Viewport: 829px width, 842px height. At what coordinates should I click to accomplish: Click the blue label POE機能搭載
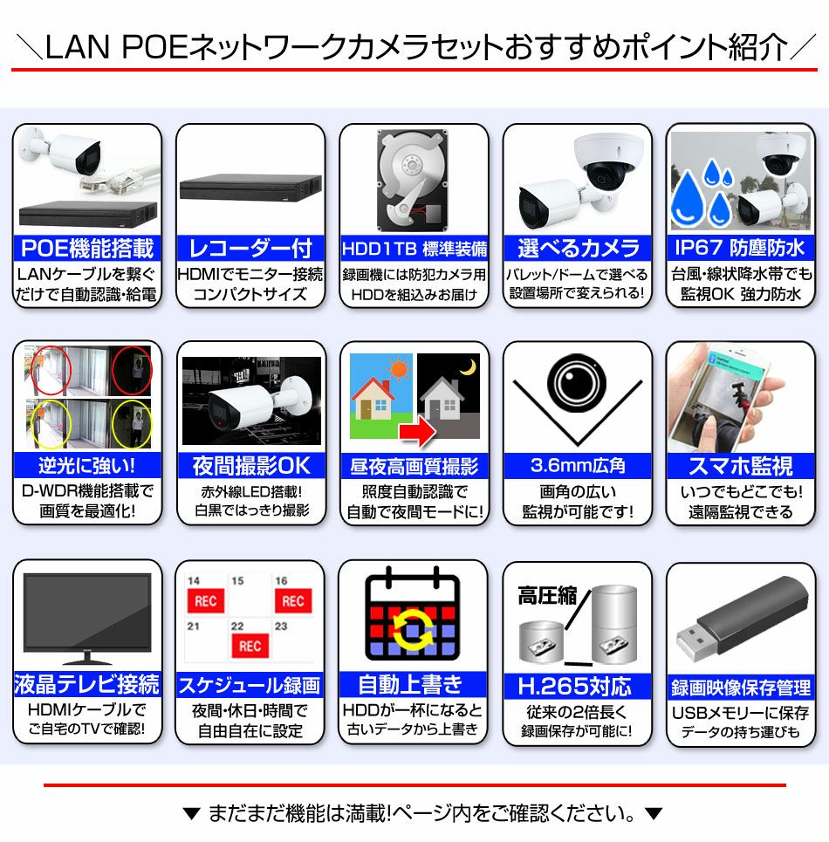click(x=87, y=249)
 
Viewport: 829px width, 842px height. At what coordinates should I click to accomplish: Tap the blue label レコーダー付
click(x=250, y=249)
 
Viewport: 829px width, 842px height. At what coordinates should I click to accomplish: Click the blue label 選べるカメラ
click(x=578, y=249)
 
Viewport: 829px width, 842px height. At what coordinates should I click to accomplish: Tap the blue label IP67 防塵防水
click(x=740, y=249)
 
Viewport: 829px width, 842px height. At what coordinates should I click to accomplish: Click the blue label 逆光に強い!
click(x=87, y=466)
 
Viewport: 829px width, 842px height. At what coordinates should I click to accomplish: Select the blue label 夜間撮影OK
click(x=250, y=466)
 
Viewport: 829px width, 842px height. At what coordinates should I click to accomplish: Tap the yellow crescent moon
click(x=469, y=366)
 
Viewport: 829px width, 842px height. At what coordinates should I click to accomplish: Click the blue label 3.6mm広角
click(x=578, y=466)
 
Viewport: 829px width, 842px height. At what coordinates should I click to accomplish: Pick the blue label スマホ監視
click(x=740, y=466)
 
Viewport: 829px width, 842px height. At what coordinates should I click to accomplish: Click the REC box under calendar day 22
click(x=250, y=646)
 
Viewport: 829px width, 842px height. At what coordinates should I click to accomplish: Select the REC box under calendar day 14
click(x=206, y=601)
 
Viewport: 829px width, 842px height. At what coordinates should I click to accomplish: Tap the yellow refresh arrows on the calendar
click(x=413, y=631)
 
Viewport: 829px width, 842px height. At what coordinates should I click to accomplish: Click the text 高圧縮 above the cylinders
click(x=547, y=596)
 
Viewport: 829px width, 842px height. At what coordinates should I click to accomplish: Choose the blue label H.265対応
click(x=578, y=686)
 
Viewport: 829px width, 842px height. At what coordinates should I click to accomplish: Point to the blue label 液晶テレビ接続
click(x=87, y=684)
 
